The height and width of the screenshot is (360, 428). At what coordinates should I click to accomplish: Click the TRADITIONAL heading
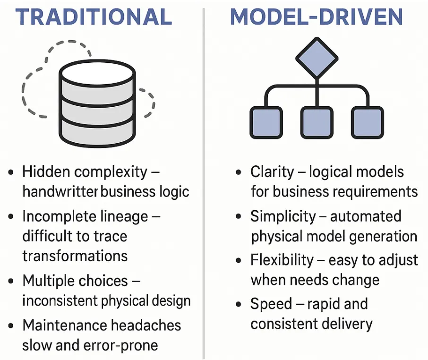(x=94, y=17)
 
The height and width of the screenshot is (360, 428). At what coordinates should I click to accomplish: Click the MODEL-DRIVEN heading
(x=317, y=17)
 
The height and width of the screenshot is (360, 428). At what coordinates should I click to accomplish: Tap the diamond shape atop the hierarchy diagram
(x=317, y=58)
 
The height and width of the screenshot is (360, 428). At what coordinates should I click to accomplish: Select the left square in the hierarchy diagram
(x=266, y=122)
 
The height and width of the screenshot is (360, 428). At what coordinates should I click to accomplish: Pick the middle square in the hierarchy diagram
(x=317, y=122)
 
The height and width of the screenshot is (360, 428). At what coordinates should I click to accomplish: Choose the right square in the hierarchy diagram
(x=367, y=122)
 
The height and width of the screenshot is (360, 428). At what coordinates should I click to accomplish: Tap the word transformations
(x=75, y=256)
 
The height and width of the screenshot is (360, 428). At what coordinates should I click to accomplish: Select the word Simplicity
(x=283, y=216)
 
